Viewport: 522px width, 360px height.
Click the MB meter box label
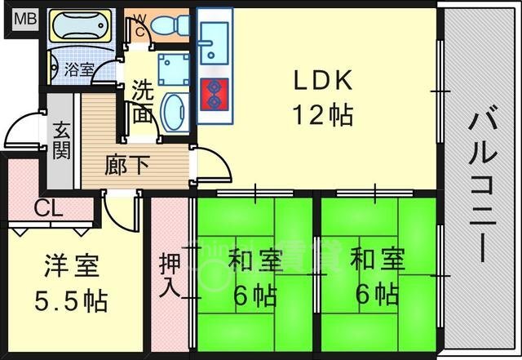25,19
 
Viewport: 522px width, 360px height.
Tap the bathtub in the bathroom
81,25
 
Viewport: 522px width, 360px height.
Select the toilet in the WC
170,25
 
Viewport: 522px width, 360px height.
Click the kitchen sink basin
214,43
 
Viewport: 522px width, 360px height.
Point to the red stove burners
215,95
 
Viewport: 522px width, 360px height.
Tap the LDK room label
322,80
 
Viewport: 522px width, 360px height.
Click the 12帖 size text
322,115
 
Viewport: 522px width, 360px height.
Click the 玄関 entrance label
62,140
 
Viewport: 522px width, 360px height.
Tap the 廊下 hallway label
127,165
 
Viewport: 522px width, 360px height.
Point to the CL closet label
49,208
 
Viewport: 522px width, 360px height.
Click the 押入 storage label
170,276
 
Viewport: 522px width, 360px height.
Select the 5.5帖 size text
71,300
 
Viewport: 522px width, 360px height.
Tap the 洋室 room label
72,265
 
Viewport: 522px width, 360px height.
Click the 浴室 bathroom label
79,69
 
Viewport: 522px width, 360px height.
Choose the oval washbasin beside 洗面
175,113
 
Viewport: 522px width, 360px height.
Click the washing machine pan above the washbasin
174,69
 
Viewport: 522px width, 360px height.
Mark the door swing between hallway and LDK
210,164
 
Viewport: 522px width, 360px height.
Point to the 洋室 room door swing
121,211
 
